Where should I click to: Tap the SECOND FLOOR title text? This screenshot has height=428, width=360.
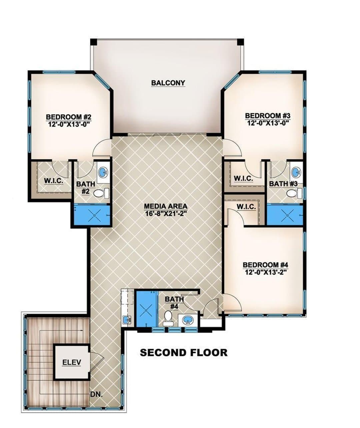[x=184, y=353]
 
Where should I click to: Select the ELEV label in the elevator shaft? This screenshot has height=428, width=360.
[x=72, y=362]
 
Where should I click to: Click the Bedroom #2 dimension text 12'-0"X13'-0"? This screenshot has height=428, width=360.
[x=68, y=124]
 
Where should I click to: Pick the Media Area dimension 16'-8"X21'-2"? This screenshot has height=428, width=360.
[x=166, y=213]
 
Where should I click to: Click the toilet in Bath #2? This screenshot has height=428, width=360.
[x=101, y=193]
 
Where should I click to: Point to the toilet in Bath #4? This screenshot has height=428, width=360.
[x=168, y=318]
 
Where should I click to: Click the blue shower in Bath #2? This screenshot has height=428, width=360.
[x=92, y=215]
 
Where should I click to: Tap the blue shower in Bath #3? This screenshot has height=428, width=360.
[x=285, y=216]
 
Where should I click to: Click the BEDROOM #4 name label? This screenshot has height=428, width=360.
[x=265, y=265]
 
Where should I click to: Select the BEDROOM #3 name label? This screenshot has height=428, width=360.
[x=268, y=116]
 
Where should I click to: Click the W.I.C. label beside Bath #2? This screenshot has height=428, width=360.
[x=54, y=181]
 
